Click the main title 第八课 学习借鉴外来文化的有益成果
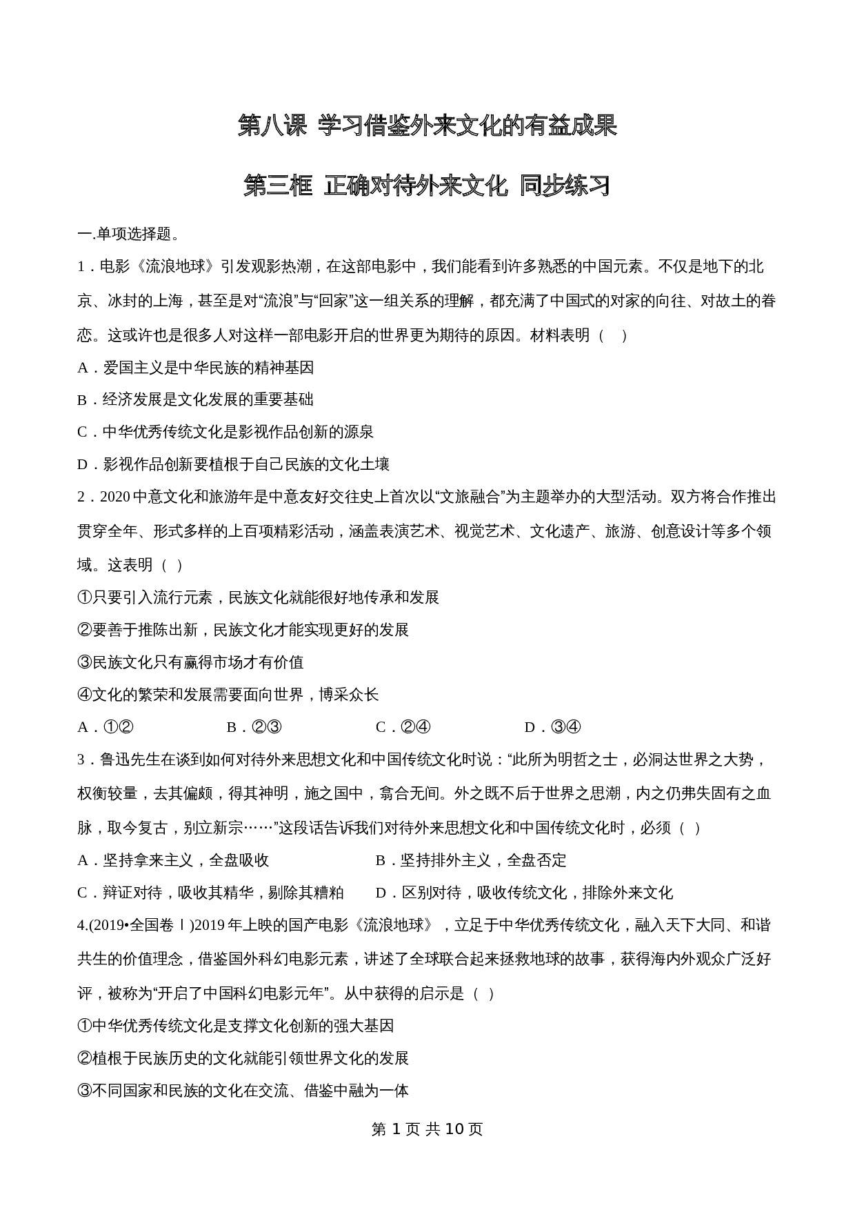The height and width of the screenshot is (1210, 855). (427, 126)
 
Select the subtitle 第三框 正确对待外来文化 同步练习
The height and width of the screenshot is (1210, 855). (427, 186)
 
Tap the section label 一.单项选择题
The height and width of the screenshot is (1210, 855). (129, 235)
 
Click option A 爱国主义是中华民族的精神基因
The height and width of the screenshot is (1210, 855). (196, 368)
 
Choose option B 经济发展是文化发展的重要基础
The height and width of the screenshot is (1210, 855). (196, 400)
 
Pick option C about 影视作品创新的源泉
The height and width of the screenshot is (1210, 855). (225, 433)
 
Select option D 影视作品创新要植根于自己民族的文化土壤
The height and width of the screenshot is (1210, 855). (234, 465)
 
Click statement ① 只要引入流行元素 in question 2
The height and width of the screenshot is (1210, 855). (259, 597)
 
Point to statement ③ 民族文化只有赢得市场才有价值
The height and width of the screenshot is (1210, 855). (191, 662)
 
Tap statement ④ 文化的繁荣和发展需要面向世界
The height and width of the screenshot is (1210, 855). (228, 695)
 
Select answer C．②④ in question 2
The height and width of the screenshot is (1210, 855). (403, 727)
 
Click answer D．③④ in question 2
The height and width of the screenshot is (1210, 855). (553, 727)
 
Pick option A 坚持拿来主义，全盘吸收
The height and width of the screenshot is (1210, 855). (173, 860)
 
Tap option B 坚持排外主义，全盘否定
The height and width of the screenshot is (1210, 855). (471, 860)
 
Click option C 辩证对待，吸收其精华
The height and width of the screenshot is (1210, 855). (210, 893)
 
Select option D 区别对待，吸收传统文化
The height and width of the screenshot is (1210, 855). (524, 893)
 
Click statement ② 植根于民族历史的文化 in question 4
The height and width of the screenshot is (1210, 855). (243, 1058)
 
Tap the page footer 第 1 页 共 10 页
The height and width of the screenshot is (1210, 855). (427, 1129)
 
